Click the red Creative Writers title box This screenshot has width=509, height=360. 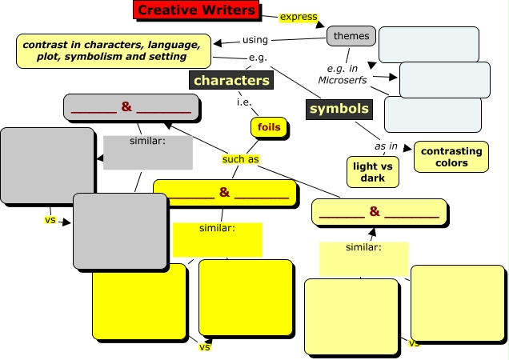click(x=195, y=10)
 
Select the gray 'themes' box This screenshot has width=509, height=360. click(x=351, y=35)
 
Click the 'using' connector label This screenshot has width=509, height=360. click(x=254, y=39)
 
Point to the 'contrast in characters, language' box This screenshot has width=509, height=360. click(x=114, y=50)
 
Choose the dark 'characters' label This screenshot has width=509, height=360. click(x=230, y=80)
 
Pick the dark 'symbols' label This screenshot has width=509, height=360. click(x=339, y=108)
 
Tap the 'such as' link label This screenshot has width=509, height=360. click(x=240, y=158)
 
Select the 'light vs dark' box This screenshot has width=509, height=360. click(x=373, y=171)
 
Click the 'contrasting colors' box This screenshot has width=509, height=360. click(x=451, y=157)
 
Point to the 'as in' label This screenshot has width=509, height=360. click(x=387, y=146)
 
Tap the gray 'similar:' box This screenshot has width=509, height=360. click(x=148, y=152)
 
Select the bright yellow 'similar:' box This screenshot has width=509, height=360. click(x=217, y=238)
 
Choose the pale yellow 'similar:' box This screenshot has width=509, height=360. click(x=364, y=257)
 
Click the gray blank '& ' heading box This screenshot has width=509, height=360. click(x=131, y=107)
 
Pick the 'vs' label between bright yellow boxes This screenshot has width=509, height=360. click(x=204, y=346)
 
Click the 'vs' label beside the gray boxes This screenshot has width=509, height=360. click(x=50, y=219)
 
